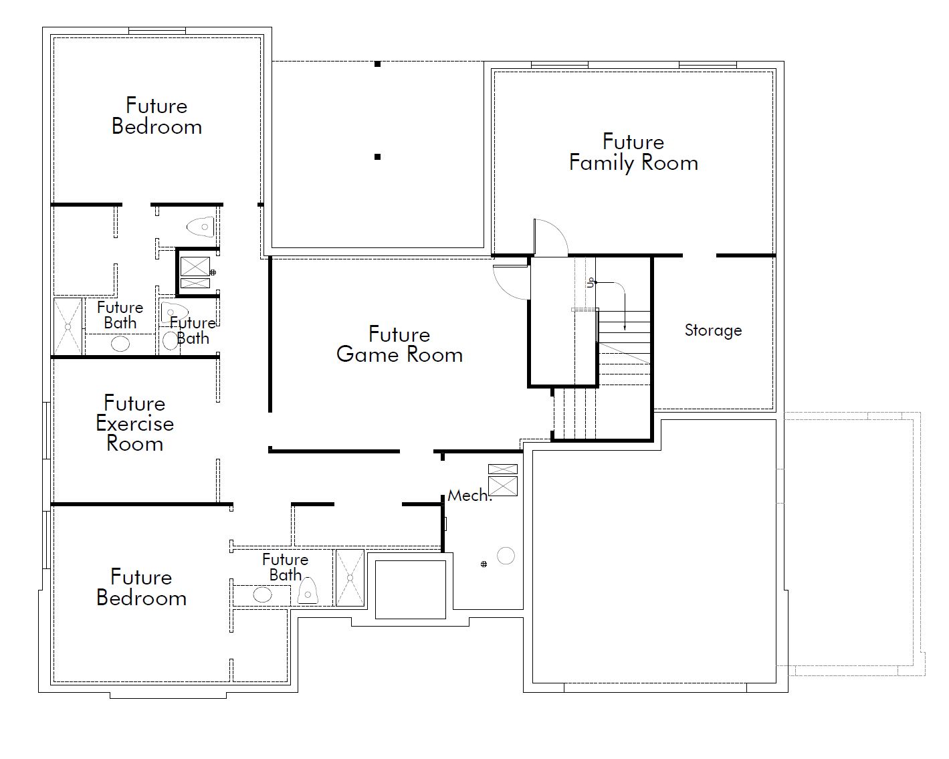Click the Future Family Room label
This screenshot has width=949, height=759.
tap(634, 152)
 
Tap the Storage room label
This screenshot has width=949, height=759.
tap(713, 330)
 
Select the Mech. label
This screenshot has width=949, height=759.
tap(469, 496)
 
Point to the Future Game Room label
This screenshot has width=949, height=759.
tap(399, 344)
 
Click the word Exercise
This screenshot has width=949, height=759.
tap(135, 424)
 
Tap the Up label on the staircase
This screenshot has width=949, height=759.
tap(591, 283)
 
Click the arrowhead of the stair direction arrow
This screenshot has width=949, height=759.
tap(625, 328)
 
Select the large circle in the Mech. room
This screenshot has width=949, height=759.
tap(506, 556)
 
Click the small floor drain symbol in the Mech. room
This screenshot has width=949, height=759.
tap(484, 564)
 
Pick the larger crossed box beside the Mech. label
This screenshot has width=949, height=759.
tap(503, 486)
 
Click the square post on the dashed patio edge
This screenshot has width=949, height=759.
tap(377, 64)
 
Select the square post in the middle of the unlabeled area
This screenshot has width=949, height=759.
tap(377, 156)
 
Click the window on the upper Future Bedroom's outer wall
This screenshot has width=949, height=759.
tap(157, 31)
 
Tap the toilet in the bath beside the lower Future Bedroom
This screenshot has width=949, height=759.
tap(308, 591)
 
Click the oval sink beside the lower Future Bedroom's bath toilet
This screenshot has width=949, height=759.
tap(262, 594)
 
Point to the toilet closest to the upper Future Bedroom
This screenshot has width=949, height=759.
tap(201, 227)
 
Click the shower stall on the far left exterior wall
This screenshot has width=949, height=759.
tap(68, 326)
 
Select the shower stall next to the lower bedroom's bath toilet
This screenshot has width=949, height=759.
tap(350, 578)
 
